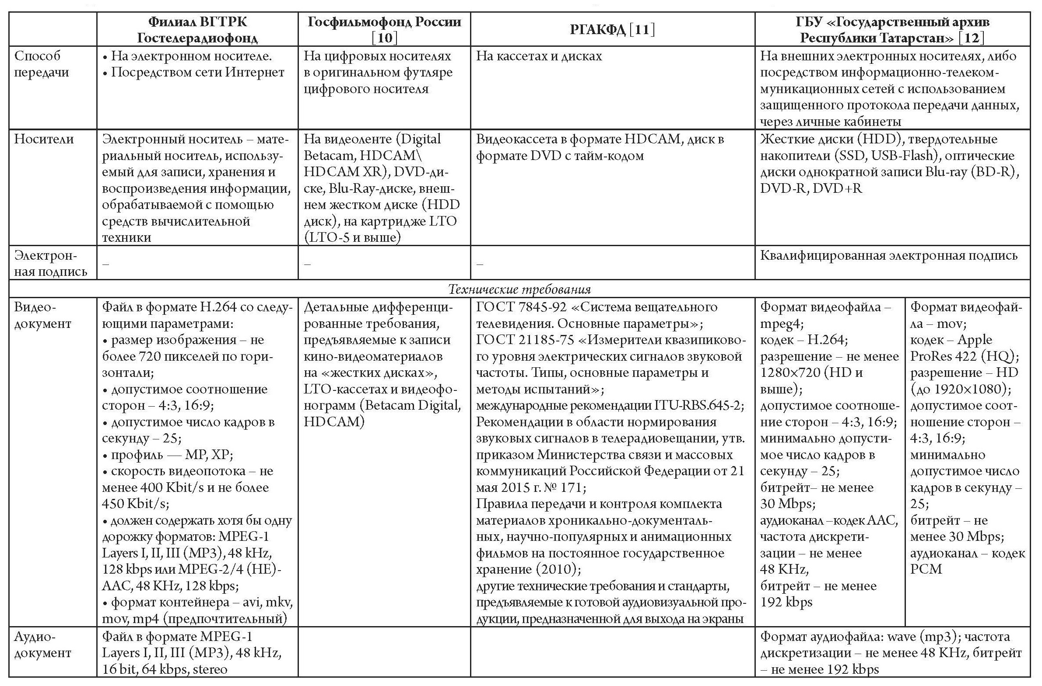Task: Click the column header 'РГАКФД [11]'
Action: pyautogui.click(x=612, y=30)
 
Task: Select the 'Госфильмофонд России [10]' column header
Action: pyautogui.click(x=384, y=29)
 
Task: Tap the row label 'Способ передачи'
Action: pyautogui.click(x=42, y=64)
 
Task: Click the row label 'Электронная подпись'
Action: pyautogui.click(x=50, y=263)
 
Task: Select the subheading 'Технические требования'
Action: pyautogui.click(x=519, y=289)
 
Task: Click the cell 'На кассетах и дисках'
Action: pyautogui.click(x=539, y=56)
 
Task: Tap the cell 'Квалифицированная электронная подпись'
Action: pyautogui.click(x=888, y=255)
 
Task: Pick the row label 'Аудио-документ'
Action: pyautogui.click(x=42, y=645)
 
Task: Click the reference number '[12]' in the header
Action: pyautogui.click(x=971, y=38)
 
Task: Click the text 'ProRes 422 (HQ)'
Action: pyautogui.click(x=964, y=357)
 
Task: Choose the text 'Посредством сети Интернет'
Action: pyautogui.click(x=197, y=72)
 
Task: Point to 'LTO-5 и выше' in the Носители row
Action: pyautogui.click(x=353, y=237)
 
